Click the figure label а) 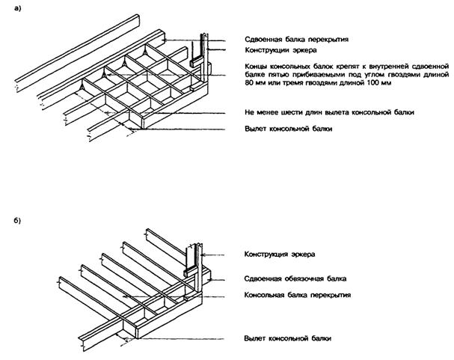pos(17,9)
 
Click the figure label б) pos(17,221)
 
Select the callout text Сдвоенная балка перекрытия pos(296,40)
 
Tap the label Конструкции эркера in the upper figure pos(280,50)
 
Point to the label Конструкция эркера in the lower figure pos(280,254)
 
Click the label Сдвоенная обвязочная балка pos(295,278)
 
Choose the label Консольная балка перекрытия pos(298,295)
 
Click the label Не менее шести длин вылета pos(329,112)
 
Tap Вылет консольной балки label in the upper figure pos(288,129)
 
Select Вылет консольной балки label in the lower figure pos(287,338)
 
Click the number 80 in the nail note pos(249,83)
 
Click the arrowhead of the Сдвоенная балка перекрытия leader pos(167,40)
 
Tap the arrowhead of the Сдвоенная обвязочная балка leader pos(211,279)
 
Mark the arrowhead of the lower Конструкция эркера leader pos(203,255)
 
